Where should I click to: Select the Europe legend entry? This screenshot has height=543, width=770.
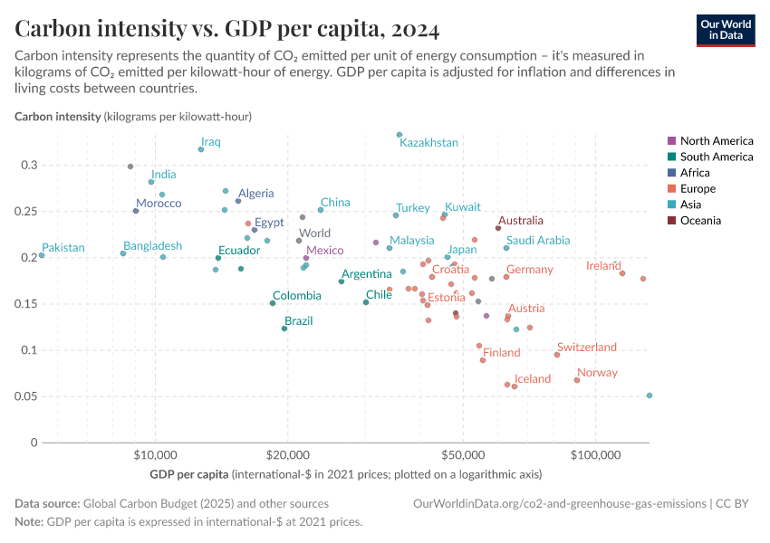[x=698, y=188]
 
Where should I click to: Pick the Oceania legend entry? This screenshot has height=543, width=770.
[x=701, y=220]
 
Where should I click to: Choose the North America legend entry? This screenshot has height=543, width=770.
[x=716, y=141]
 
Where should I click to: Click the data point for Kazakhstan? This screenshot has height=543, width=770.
[x=399, y=135]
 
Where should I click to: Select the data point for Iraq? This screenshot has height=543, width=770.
[x=201, y=149]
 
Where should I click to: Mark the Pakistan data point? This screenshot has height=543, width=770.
[x=42, y=256]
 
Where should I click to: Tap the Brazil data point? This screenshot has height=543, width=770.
[x=284, y=329]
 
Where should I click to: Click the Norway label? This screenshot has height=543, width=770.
[x=597, y=373]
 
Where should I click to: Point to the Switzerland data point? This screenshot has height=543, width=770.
[x=557, y=355]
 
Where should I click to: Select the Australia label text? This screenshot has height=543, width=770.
[x=521, y=220]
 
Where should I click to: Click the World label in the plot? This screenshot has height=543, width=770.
[x=314, y=233]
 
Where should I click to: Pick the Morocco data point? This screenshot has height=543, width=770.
[x=136, y=211]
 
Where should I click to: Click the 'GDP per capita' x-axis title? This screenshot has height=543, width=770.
[x=185, y=474]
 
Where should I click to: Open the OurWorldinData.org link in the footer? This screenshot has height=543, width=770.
[x=559, y=503]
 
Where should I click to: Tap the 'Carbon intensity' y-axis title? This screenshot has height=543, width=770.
[x=58, y=117]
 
